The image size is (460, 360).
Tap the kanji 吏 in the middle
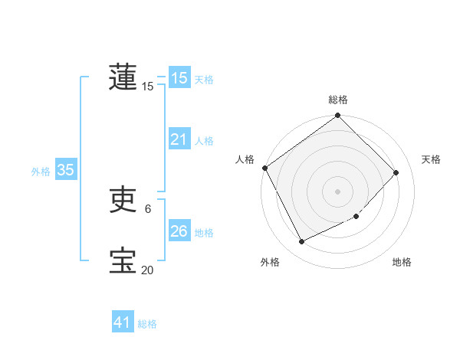tap(123, 201)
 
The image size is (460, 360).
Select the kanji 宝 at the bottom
tap(123, 261)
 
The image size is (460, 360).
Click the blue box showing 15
tap(179, 78)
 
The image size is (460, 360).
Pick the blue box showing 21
tap(179, 140)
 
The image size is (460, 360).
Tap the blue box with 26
tap(179, 231)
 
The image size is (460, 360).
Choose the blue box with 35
tap(65, 171)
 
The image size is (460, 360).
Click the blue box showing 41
tap(123, 322)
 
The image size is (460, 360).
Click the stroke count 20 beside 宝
tap(147, 270)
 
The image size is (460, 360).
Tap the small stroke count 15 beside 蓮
tap(147, 87)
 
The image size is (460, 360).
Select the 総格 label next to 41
tap(147, 324)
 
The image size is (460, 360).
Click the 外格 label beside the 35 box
tap(41, 172)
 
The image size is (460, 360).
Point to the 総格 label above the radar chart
tap(338, 100)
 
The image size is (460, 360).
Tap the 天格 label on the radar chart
tap(431, 159)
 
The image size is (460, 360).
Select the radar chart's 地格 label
tap(402, 262)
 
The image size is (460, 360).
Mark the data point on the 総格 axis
tap(338, 116)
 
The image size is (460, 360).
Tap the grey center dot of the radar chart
tap(338, 191)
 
